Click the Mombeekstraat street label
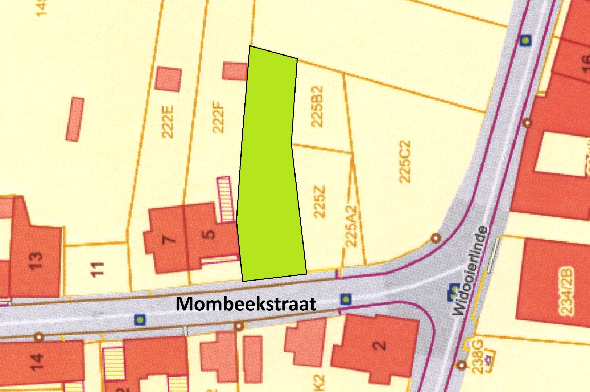[246, 304]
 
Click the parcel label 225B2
[317, 106]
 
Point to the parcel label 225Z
[319, 202]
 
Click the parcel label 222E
[168, 122]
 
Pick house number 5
[210, 234]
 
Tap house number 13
[36, 260]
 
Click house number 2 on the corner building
[379, 345]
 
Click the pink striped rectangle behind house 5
[224, 199]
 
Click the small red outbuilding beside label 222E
[168, 79]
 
